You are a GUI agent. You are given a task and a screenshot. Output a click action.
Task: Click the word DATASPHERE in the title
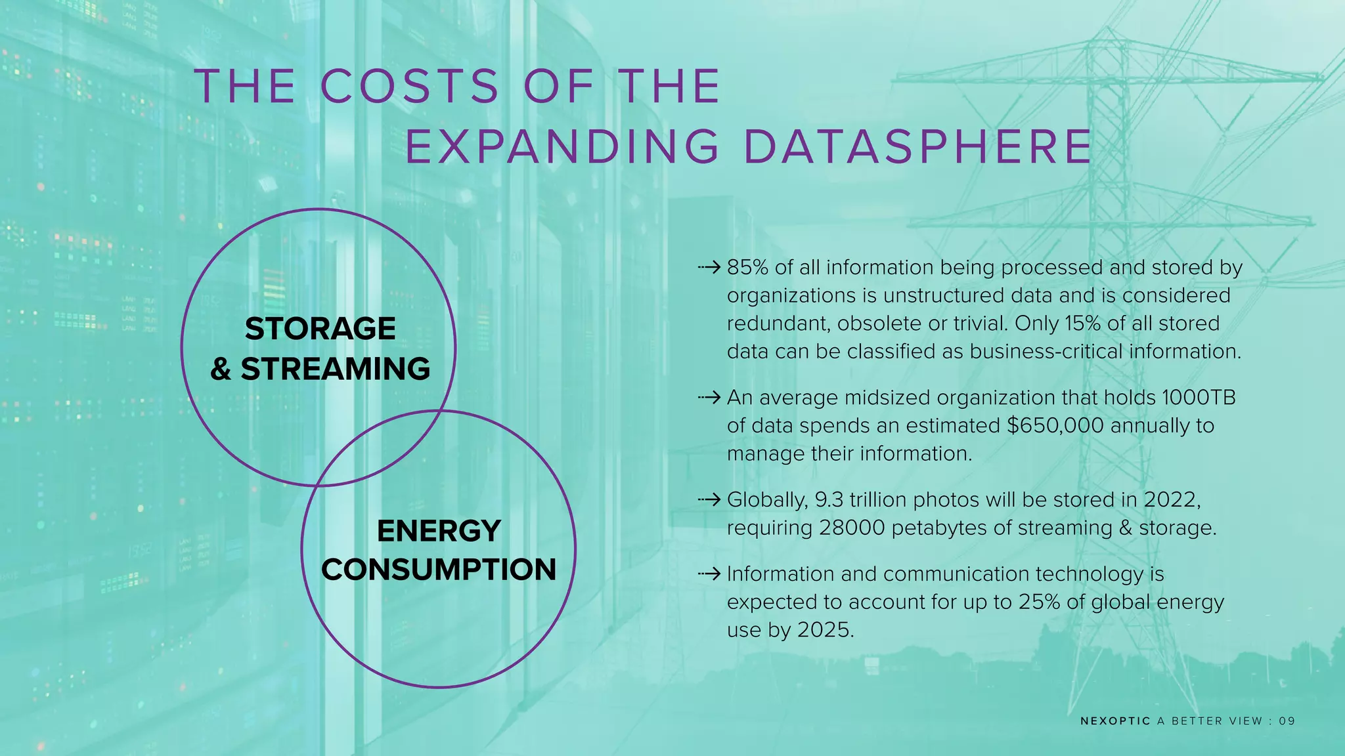click(917, 146)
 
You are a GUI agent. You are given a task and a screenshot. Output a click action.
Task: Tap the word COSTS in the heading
click(410, 87)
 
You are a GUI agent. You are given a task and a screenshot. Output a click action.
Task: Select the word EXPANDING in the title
click(562, 146)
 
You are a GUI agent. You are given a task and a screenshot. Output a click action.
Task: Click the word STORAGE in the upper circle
click(320, 329)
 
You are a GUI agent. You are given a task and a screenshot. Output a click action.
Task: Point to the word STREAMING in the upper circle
click(335, 369)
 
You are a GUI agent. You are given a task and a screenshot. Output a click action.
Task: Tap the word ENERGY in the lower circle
click(439, 531)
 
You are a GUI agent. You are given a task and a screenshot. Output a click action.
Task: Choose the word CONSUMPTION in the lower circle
click(439, 570)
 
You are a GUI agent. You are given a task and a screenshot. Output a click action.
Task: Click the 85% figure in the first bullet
click(747, 268)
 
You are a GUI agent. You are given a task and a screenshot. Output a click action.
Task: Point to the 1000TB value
click(1199, 398)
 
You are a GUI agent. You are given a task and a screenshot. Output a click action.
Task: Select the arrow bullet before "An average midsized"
click(709, 398)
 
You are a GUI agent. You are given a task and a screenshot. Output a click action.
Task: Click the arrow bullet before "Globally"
click(709, 500)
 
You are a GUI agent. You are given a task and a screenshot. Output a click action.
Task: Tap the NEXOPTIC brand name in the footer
click(1115, 721)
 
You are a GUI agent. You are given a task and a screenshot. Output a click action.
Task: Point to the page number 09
click(1287, 721)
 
